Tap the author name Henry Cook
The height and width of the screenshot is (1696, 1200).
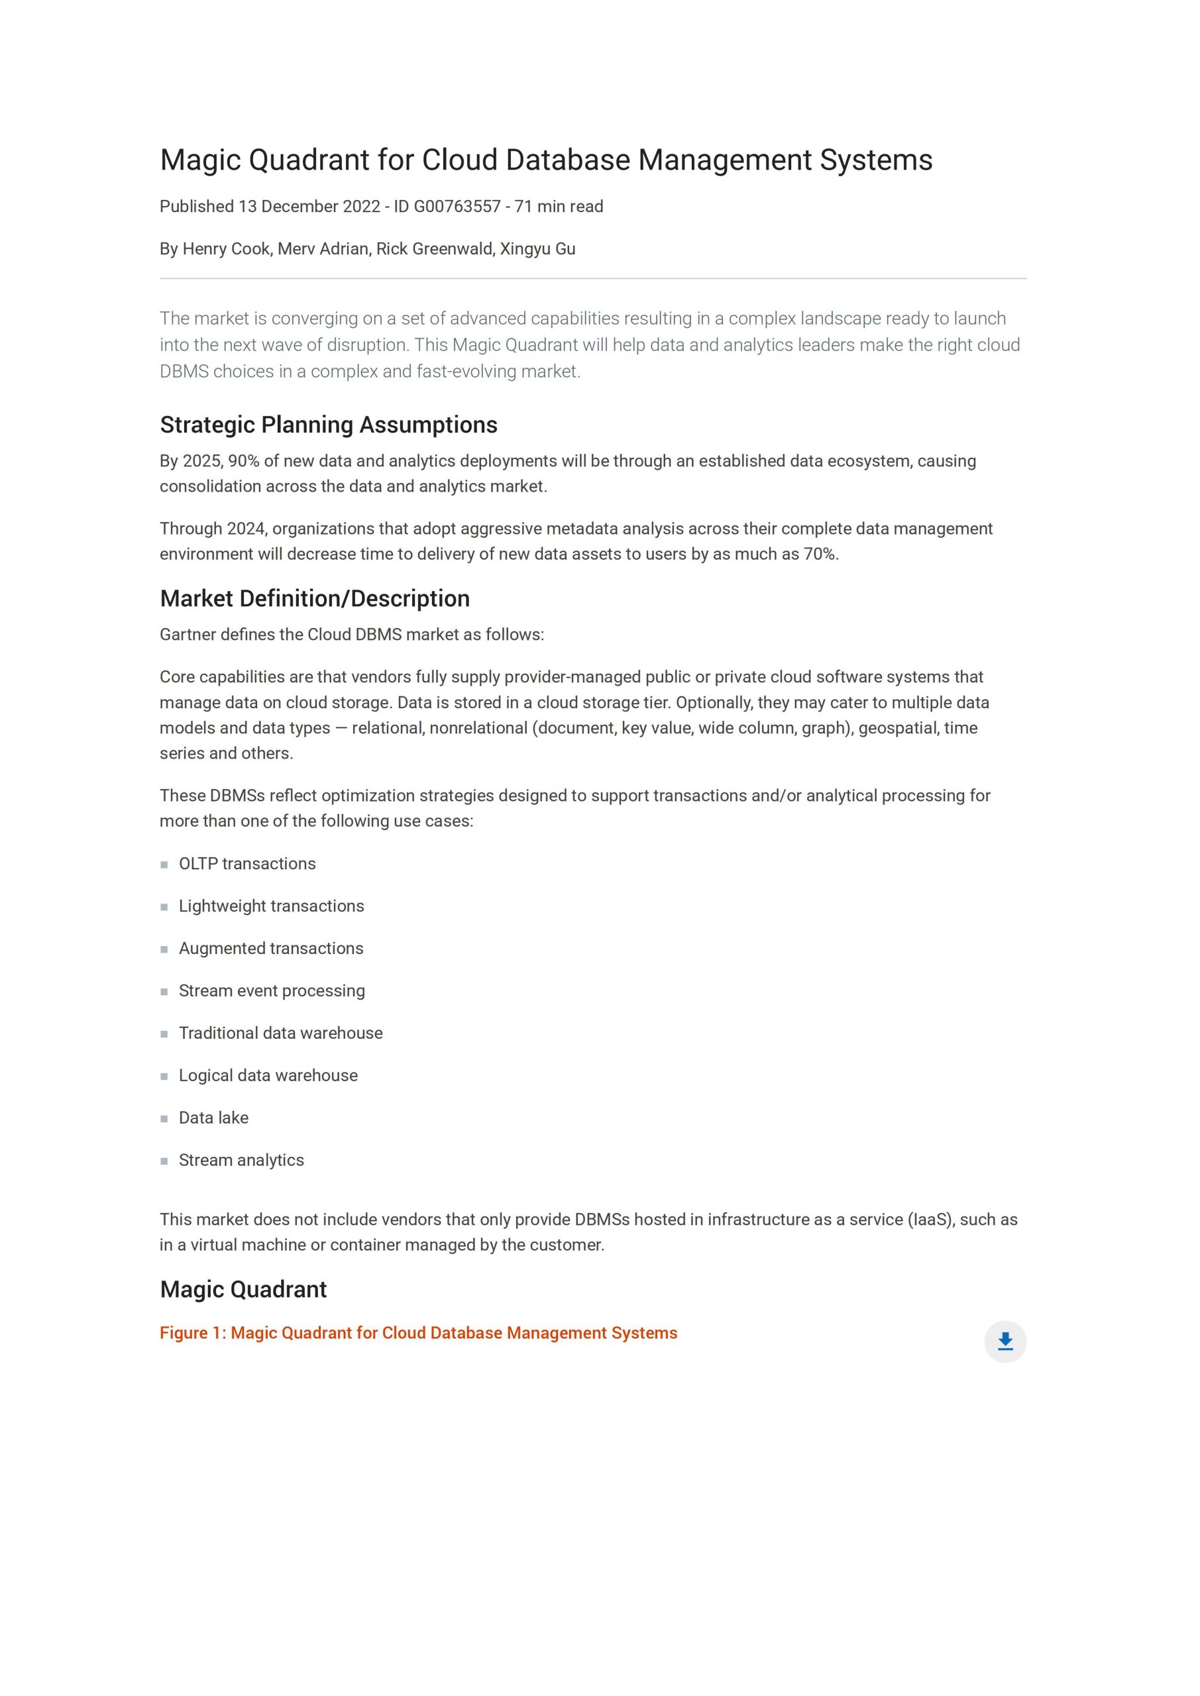(226, 249)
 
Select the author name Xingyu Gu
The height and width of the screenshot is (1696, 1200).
(537, 249)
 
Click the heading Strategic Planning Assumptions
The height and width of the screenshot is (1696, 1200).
(328, 425)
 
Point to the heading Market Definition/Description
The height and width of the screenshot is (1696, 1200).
(314, 598)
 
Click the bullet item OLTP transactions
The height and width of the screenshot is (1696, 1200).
(246, 863)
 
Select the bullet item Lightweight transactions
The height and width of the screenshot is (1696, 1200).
(271, 906)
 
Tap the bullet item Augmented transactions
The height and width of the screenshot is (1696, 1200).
(270, 949)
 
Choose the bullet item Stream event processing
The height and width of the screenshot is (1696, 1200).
(271, 990)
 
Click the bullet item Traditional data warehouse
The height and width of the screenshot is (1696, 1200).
(280, 1033)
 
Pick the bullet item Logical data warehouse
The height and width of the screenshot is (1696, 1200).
(268, 1075)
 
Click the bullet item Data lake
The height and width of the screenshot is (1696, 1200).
(213, 1118)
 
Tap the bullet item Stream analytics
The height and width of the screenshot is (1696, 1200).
(241, 1161)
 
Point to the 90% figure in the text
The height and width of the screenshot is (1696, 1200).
(243, 461)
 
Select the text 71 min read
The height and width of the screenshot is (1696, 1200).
(559, 207)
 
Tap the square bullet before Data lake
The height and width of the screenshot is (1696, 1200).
(164, 1119)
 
